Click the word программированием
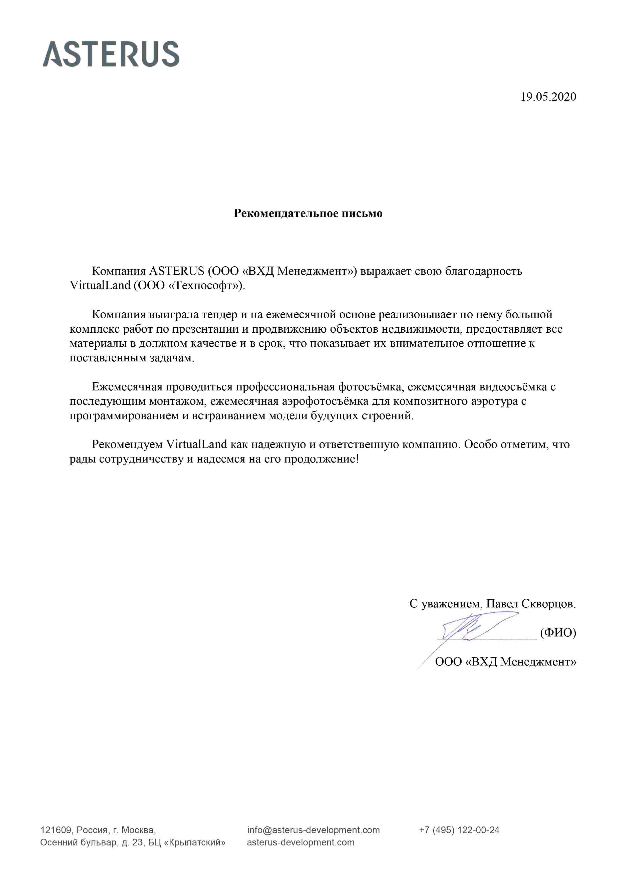pyautogui.click(x=125, y=415)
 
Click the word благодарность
pyautogui.click(x=484, y=271)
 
